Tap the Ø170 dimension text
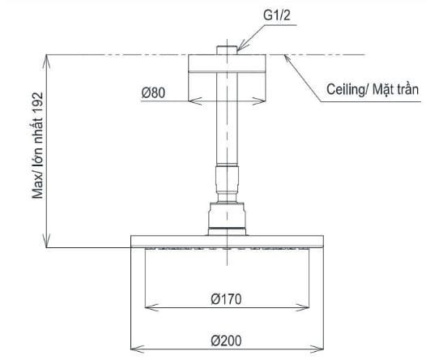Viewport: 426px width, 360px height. (x=227, y=299)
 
